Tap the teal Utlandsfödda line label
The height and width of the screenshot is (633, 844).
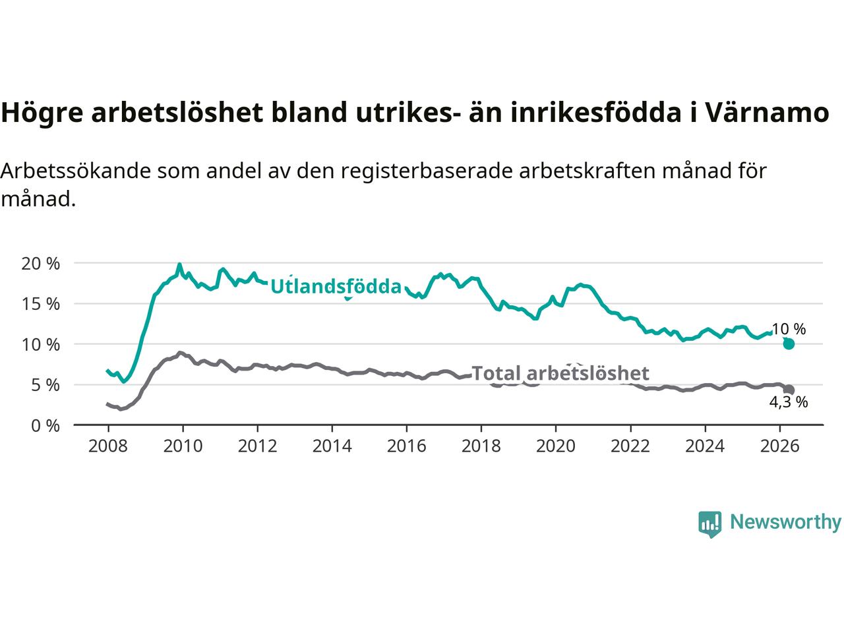coord(336,287)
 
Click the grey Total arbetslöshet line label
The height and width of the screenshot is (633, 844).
coord(560,373)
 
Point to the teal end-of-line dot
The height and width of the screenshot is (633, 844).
coord(789,344)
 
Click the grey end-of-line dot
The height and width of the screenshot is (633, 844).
coord(789,390)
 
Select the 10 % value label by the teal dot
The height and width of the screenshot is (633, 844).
coord(788,329)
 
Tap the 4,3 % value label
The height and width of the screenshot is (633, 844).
coord(788,402)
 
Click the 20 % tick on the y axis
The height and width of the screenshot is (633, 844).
coord(41,264)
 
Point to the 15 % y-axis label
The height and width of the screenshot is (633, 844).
coord(41,305)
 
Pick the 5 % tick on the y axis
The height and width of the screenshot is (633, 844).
coord(45,385)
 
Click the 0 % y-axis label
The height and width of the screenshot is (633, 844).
coord(45,426)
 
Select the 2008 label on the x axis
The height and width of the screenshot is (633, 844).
coord(108,446)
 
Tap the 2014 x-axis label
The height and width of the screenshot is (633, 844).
coord(332,446)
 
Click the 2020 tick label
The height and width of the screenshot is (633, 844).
coord(556,446)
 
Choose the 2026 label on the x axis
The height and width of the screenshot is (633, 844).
coord(780,446)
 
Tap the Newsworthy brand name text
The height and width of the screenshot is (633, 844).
coord(786,522)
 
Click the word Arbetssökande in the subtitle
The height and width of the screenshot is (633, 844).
coord(76,171)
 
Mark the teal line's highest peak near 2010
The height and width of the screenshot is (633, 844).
coord(179,264)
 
